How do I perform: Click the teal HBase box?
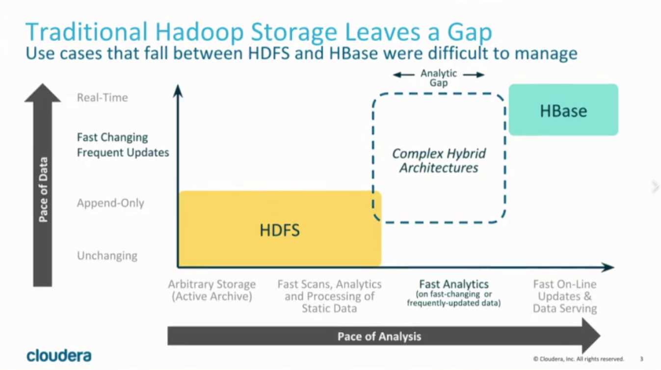[563, 110]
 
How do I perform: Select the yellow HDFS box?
[280, 229]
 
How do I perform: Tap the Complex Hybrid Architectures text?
[439, 161]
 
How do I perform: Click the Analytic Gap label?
[439, 78]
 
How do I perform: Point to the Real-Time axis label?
[103, 98]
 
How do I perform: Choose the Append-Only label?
[111, 203]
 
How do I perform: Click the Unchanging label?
[107, 256]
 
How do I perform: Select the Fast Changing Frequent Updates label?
[123, 145]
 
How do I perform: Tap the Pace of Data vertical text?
[43, 189]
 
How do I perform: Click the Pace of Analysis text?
[379, 336]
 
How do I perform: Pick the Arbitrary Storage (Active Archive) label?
[212, 291]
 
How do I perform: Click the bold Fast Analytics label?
[454, 284]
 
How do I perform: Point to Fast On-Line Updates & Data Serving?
[565, 296]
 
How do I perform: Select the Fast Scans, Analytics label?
[329, 284]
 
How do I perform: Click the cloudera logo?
[59, 356]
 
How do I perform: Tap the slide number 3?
[641, 359]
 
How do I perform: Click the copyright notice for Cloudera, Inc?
[579, 359]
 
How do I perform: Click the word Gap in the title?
[470, 33]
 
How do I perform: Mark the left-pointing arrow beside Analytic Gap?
[403, 75]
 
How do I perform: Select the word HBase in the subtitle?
[353, 53]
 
